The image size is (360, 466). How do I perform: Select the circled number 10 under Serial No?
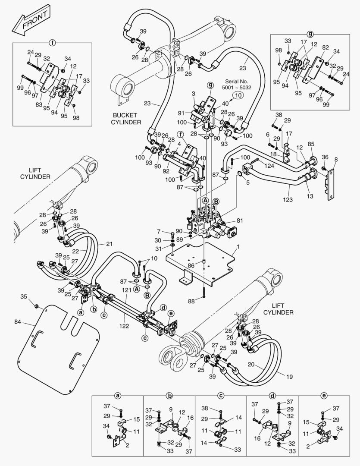pos(237,94)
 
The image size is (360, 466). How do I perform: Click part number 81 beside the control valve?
pos(240,220)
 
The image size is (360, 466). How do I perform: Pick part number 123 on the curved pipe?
pos(288,199)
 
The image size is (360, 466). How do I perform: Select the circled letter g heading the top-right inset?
pos(310,34)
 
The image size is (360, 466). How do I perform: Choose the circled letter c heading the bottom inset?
pos(221,395)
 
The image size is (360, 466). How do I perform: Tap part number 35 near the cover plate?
pos(24,296)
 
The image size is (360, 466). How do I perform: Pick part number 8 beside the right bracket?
pos(336,159)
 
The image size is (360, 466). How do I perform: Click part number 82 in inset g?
pos(326,47)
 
